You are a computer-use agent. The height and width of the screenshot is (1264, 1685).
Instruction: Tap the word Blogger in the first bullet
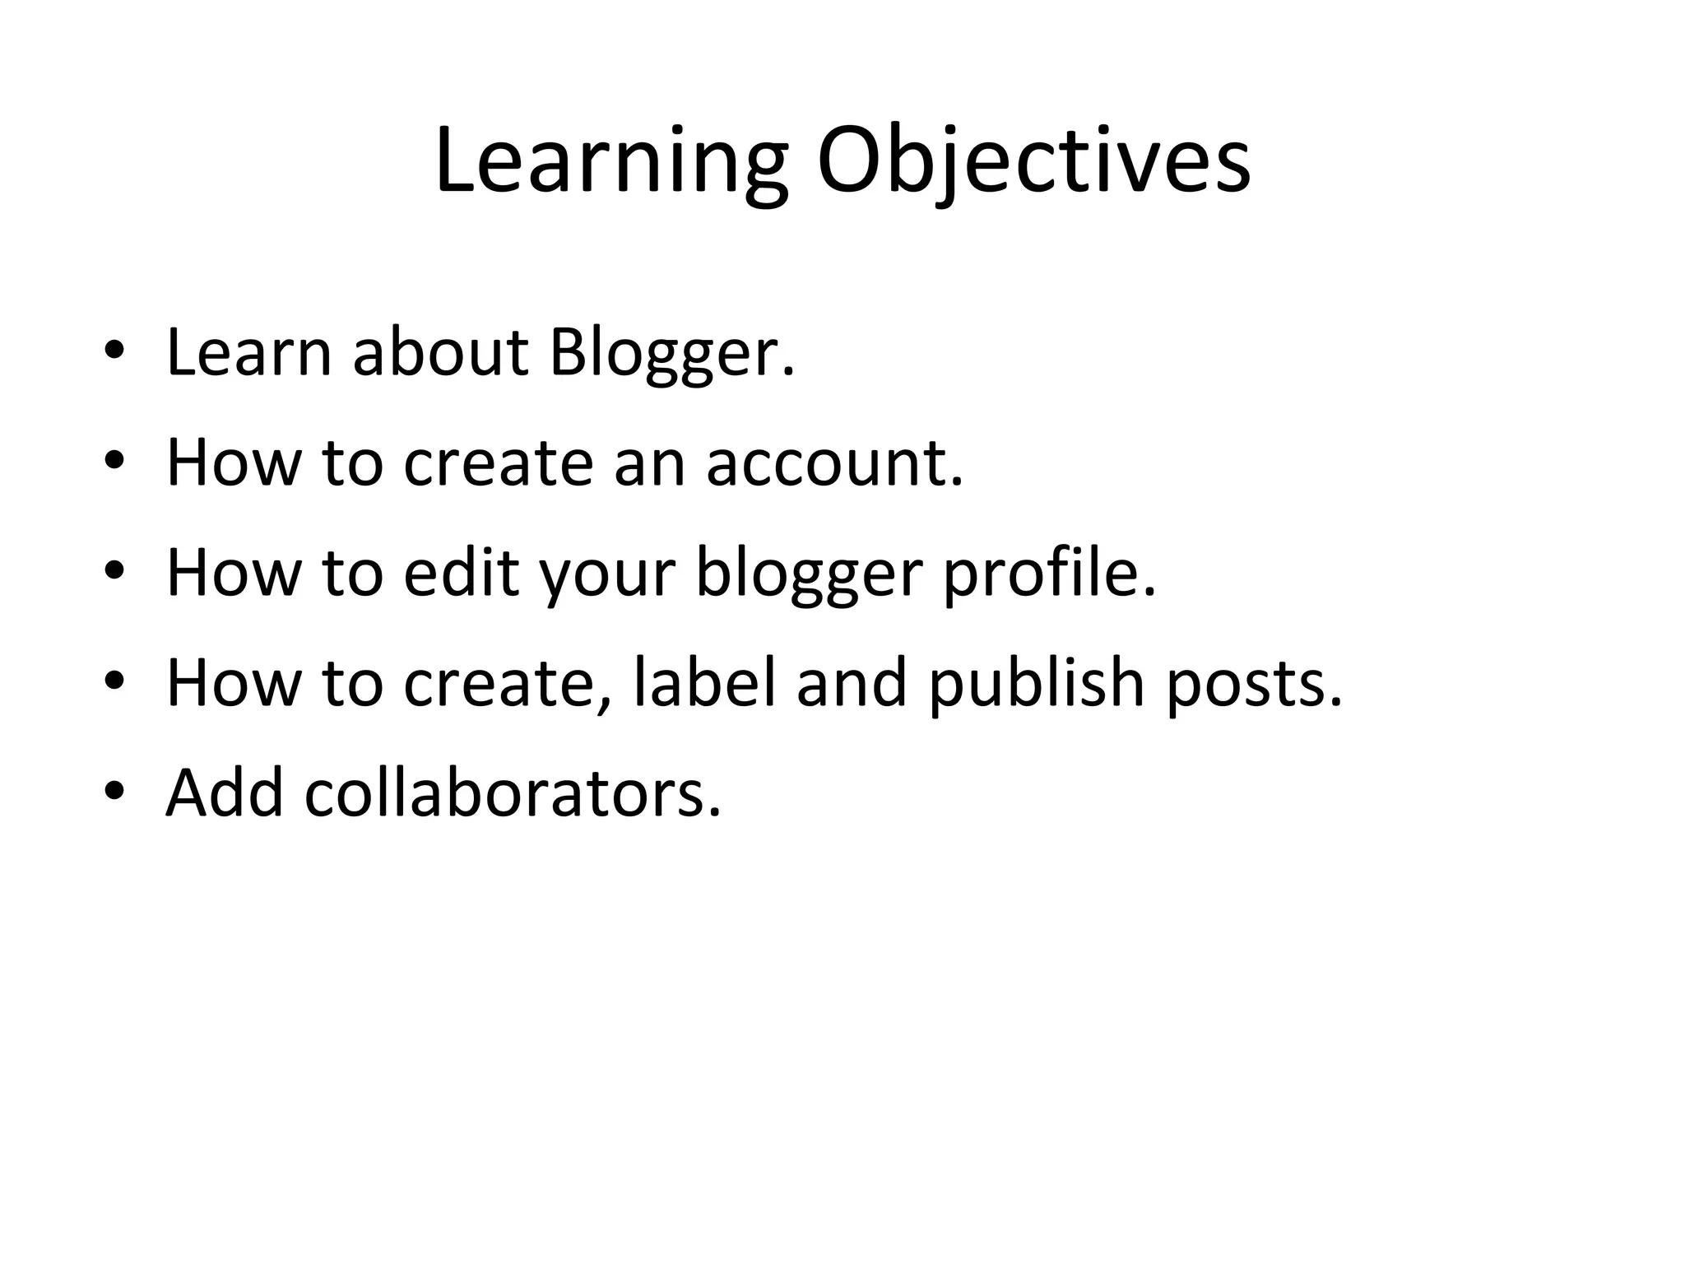[x=671, y=354]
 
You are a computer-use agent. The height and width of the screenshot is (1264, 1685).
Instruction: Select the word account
[x=833, y=462]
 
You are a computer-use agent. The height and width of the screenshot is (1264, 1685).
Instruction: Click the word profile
[x=1048, y=574]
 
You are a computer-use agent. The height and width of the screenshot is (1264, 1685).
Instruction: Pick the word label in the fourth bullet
[x=705, y=682]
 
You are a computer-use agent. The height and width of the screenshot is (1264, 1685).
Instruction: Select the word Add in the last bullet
[x=225, y=792]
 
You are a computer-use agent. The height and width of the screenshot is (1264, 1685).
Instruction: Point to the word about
[x=440, y=353]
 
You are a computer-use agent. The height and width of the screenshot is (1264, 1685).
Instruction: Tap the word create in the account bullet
[x=498, y=463]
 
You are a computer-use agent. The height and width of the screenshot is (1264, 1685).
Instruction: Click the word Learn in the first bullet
[x=248, y=353]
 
